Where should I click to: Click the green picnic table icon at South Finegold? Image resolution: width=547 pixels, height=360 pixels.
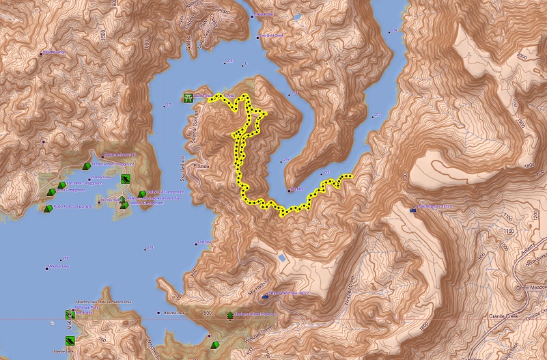tap(187, 98)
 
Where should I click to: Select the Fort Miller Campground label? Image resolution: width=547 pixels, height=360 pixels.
tap(82, 184)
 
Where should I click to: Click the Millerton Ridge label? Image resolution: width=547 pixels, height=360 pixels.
tap(54, 52)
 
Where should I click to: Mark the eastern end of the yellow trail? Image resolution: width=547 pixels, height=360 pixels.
tap(350, 176)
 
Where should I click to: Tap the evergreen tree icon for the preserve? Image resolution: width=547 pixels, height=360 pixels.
tap(229, 316)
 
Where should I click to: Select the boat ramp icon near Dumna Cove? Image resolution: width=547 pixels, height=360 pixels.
tap(125, 179)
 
